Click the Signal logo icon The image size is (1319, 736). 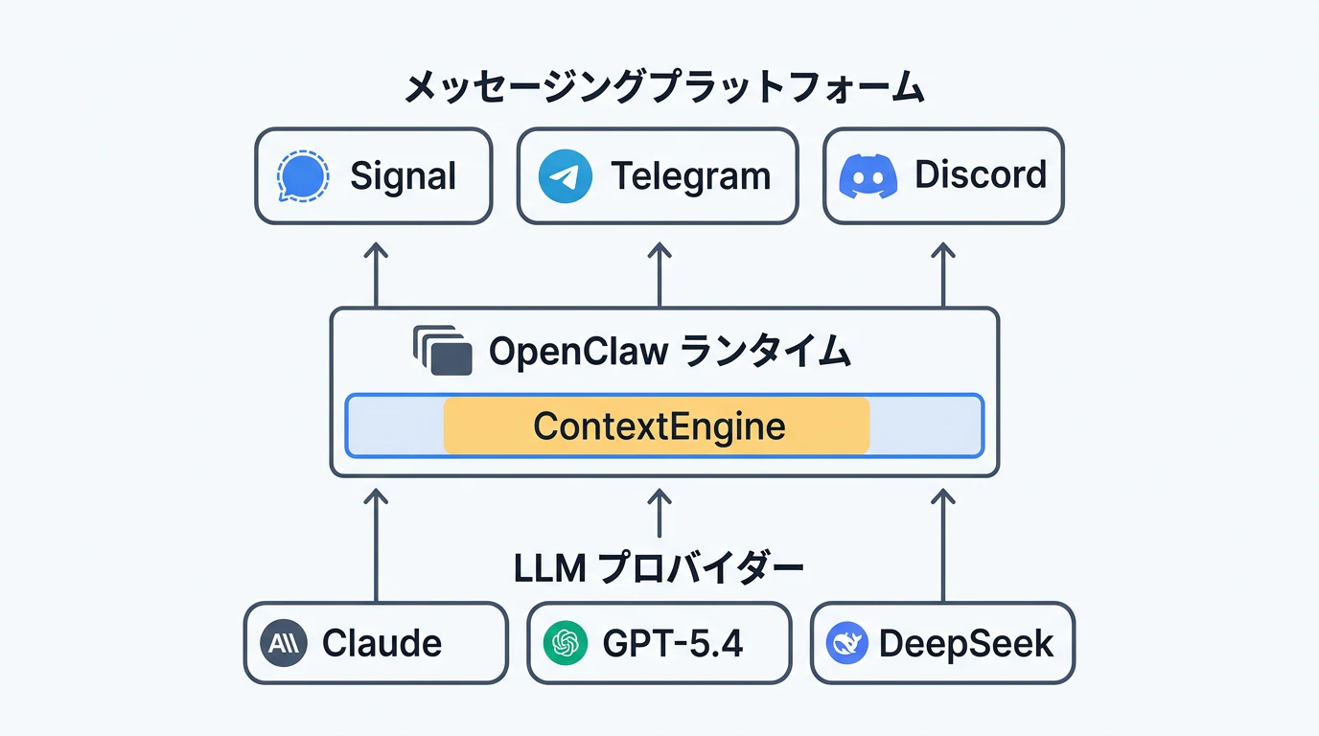(x=302, y=175)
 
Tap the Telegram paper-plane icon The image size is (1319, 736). (x=565, y=176)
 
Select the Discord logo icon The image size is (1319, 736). (x=868, y=176)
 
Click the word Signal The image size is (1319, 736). (x=403, y=176)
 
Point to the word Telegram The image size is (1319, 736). (x=690, y=176)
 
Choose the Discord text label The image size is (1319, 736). (x=980, y=175)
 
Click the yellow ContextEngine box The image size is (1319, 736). (x=657, y=425)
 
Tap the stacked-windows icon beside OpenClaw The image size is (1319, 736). (x=443, y=352)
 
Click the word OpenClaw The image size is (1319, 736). (x=578, y=353)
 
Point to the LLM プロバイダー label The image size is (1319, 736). (x=659, y=568)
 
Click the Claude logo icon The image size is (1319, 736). (x=283, y=643)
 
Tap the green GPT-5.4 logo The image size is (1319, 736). (x=566, y=643)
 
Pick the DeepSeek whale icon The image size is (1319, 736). (x=846, y=643)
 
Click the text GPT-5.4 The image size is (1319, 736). (x=672, y=643)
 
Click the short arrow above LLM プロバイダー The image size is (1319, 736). (x=659, y=513)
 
